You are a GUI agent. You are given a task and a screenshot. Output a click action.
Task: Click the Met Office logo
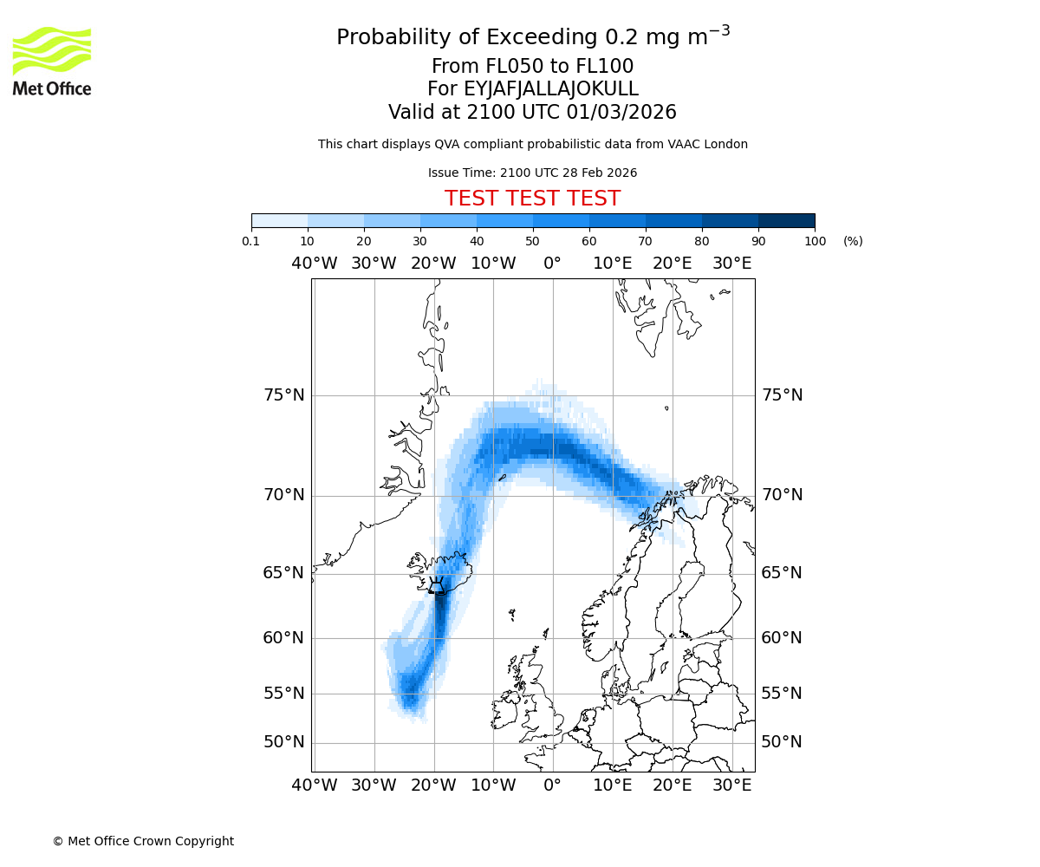[x=52, y=61]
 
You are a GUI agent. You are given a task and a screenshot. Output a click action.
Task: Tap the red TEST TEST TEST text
[x=532, y=199]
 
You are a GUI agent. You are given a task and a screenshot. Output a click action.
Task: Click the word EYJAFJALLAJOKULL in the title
[x=552, y=89]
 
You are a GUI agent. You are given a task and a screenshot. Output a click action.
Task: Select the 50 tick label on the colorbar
[x=532, y=241]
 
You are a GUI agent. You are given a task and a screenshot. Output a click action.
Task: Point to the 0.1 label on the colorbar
[x=251, y=241]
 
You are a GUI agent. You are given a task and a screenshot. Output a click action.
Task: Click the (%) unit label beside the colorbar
[x=853, y=241]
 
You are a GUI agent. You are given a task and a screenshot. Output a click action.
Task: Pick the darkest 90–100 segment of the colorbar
[x=786, y=220]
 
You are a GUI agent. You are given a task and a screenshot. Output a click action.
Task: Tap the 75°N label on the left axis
[x=284, y=395]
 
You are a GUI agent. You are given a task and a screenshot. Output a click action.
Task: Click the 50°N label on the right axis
[x=782, y=742]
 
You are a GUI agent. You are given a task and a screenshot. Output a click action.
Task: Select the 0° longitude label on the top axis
[x=552, y=263]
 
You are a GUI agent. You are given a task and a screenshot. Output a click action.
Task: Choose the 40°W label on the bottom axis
[x=314, y=786]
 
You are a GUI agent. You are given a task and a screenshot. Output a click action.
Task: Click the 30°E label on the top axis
[x=732, y=263]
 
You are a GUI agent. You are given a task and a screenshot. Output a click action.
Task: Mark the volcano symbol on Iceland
[x=437, y=586]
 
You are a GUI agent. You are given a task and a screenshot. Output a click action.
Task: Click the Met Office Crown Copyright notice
[x=143, y=841]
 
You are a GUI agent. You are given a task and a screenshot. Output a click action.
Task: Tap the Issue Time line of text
[x=532, y=173]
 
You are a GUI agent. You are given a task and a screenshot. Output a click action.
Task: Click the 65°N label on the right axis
[x=782, y=573]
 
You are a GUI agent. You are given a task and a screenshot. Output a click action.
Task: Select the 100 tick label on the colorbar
[x=815, y=241]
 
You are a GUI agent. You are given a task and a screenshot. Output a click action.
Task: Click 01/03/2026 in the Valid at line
[x=621, y=113]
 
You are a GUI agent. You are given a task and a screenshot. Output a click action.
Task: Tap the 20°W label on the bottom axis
[x=433, y=786]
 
